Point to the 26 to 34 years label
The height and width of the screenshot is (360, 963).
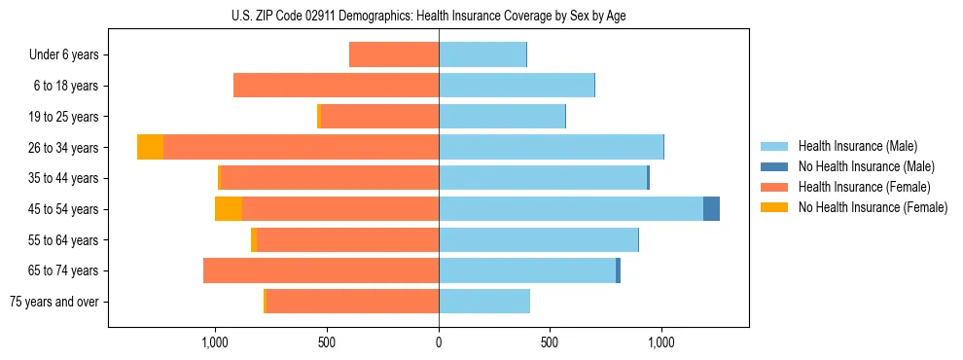pyautogui.click(x=64, y=148)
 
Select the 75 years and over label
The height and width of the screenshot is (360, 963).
pyautogui.click(x=54, y=302)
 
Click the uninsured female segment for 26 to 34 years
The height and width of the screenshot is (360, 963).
pyautogui.click(x=150, y=147)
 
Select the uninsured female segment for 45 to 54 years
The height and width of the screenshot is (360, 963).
pyautogui.click(x=229, y=208)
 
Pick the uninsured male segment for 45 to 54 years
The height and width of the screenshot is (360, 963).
pyautogui.click(x=711, y=208)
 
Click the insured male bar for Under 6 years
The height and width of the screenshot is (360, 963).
pyautogui.click(x=482, y=54)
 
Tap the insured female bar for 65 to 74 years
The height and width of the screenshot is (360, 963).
pyautogui.click(x=321, y=270)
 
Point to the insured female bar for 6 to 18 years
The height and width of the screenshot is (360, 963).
pyautogui.click(x=336, y=86)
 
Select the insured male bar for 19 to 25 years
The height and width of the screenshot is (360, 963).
pyautogui.click(x=502, y=117)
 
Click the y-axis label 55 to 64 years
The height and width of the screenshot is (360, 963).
pyautogui.click(x=64, y=240)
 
